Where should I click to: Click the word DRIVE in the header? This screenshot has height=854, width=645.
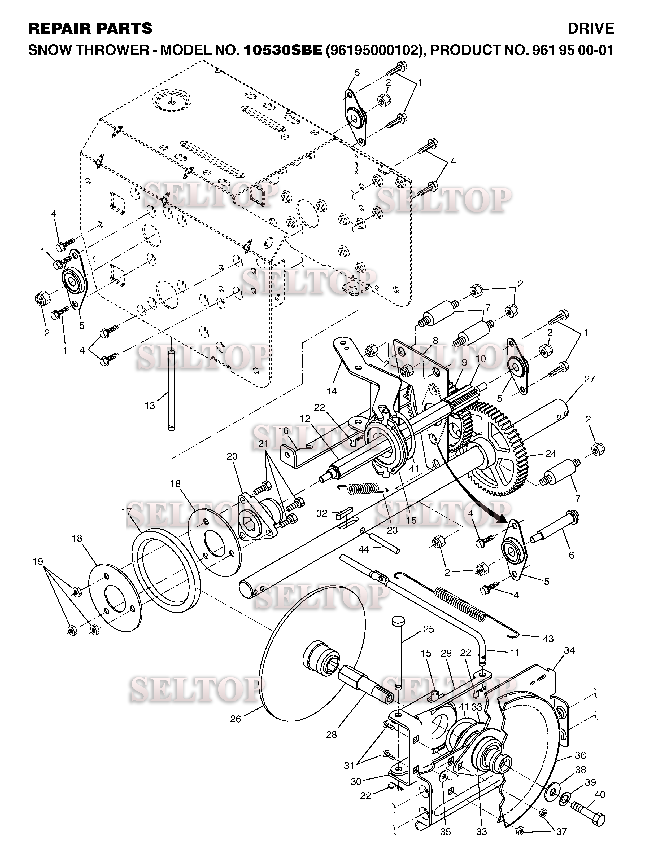coord(591,29)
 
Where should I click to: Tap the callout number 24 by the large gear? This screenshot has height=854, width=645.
coord(551,454)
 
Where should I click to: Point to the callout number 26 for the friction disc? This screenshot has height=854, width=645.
coord(236,719)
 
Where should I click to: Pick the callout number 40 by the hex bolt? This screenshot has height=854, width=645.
coord(599,795)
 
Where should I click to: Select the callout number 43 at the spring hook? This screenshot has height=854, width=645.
coord(548,639)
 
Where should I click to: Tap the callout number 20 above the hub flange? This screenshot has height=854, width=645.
coord(232,456)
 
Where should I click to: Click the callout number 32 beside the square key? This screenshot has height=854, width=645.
coord(322,513)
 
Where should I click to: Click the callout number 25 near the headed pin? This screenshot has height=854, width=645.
coord(429,629)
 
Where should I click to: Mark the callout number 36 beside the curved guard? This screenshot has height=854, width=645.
coord(580,755)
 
